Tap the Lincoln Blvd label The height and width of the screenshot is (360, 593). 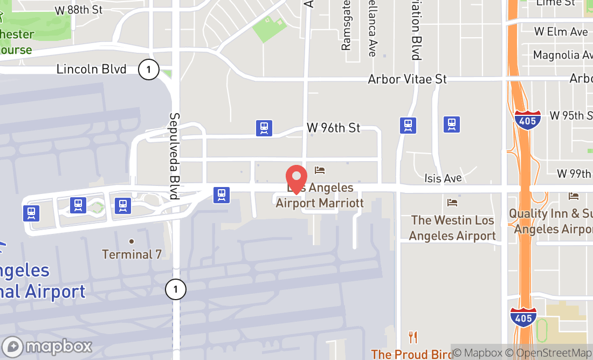pos(91,69)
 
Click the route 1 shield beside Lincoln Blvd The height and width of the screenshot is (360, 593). pos(148,69)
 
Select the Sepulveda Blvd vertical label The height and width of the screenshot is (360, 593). pos(174,156)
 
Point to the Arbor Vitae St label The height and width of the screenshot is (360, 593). pos(407,79)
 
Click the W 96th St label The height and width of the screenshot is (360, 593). pos(333,128)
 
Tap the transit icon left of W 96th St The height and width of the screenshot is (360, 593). pos(264,128)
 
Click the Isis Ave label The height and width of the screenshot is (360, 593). pos(443,178)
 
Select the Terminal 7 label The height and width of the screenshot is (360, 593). pos(132,254)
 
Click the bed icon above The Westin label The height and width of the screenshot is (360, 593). pos(452,203)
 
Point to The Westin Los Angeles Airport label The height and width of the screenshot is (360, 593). pos(452,228)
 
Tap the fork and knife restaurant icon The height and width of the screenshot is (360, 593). pos(413,337)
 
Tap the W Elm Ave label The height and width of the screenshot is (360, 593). pos(561,32)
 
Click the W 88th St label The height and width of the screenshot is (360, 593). pos(78,10)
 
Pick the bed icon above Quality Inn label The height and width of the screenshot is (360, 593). pos(573,196)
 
